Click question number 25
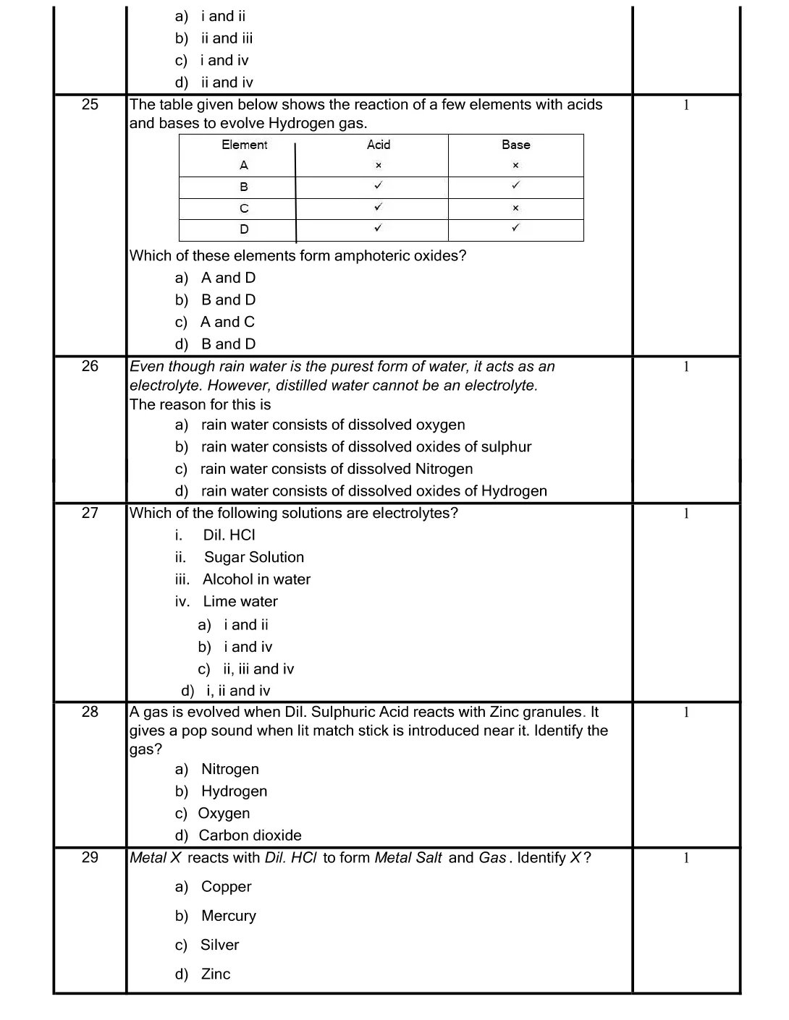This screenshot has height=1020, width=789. pos(90,104)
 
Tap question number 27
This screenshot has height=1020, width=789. pos(90,513)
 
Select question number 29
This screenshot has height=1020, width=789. pos(90,857)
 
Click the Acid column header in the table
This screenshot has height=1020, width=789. pos(379,145)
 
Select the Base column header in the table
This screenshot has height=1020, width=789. pos(515,145)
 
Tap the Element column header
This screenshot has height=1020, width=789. pos(244,145)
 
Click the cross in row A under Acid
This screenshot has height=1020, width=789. pos(379,166)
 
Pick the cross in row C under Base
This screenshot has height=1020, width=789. pos(515,208)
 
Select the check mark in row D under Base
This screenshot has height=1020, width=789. pos(515,228)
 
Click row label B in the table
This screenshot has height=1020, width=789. pos(244,187)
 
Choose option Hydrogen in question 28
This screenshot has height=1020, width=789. pos(234,791)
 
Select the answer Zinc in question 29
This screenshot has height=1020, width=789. pos(216,974)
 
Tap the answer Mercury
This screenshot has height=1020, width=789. pos(229,916)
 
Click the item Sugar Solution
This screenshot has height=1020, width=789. pos(253,558)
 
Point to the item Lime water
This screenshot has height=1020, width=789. pos(240,602)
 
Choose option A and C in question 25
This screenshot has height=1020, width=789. pos(227,322)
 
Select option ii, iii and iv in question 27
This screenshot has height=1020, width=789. pos(258,669)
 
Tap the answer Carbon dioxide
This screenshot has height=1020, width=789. pos(250,836)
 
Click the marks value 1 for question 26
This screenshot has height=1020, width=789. pos(686,367)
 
